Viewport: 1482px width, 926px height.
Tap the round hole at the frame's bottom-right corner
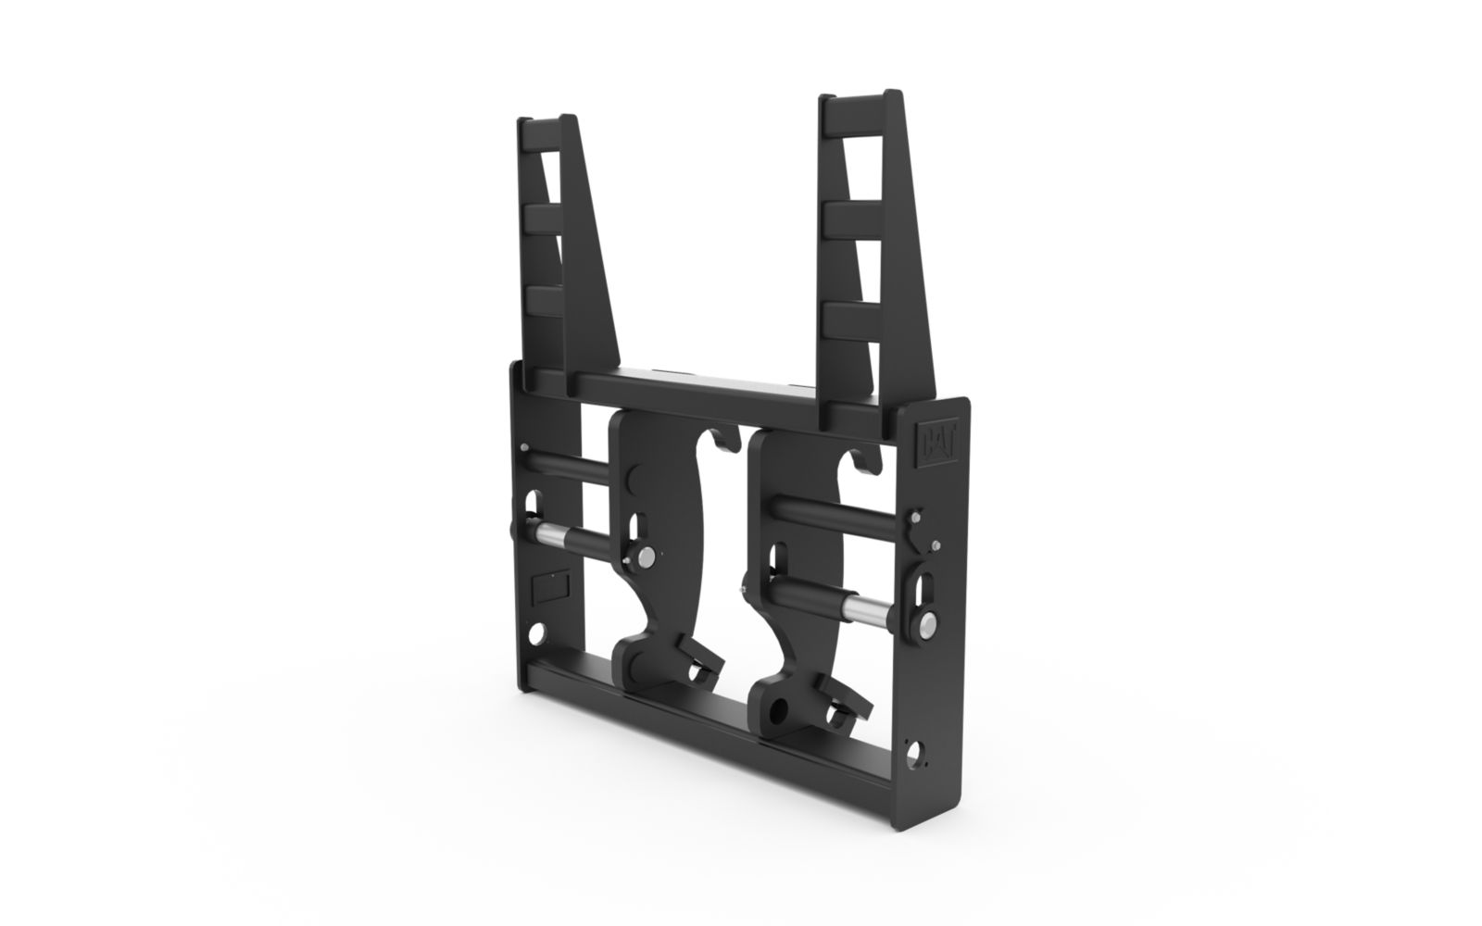913,752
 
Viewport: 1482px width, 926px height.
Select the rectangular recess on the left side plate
550,585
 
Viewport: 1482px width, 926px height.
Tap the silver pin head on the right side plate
930,621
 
